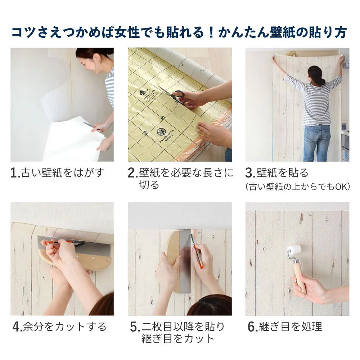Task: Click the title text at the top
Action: pos(179,32)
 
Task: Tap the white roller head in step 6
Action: pos(294,251)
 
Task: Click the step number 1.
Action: pos(15,173)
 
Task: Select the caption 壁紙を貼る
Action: pos(283,173)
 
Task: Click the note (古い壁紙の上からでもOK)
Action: pos(297,187)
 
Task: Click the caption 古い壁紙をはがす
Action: pos(63,173)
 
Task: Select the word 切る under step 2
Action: pos(149,185)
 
